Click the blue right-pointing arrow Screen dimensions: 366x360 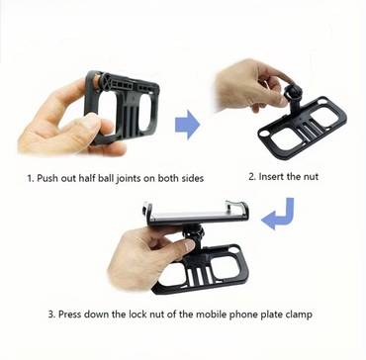pos(187,125)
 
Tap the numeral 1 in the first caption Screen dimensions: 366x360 pos(30,178)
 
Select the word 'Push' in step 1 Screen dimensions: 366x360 pos(46,178)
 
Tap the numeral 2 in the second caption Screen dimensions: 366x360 pos(251,177)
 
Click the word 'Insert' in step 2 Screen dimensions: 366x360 pos(271,176)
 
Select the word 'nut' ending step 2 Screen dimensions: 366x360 pos(312,177)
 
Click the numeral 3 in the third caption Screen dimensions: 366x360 pos(51,315)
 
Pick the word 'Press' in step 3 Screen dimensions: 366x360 pos(70,315)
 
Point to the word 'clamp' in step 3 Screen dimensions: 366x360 pos(299,315)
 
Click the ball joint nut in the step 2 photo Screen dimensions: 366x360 pos(294,91)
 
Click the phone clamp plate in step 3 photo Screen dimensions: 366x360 pos(196,214)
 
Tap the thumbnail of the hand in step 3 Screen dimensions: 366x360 pos(189,245)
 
